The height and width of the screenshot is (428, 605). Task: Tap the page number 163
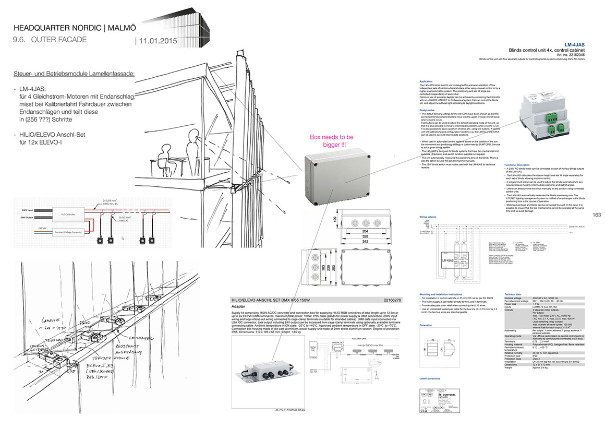pyautogui.click(x=597, y=215)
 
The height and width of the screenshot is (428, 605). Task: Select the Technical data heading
pyautogui.click(x=513, y=294)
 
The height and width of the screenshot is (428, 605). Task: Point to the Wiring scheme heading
pyautogui.click(x=428, y=216)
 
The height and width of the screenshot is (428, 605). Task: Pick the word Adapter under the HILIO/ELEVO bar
pyautogui.click(x=239, y=307)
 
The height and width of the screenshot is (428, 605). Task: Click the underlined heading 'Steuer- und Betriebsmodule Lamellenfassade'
pyautogui.click(x=74, y=74)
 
